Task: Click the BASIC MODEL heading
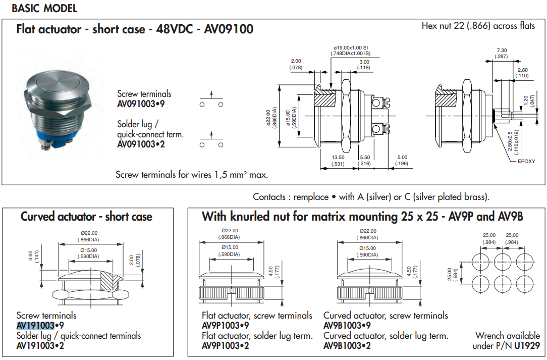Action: tap(44, 9)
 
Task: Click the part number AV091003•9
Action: tap(141, 104)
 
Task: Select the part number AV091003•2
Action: tap(141, 144)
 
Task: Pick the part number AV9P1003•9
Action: tap(225, 325)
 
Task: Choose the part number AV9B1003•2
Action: tap(347, 346)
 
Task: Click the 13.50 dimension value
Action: tap(338, 158)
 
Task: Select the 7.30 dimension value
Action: tap(502, 50)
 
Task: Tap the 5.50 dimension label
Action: tap(364, 158)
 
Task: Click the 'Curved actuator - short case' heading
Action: tap(86, 217)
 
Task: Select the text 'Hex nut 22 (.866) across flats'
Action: tap(478, 25)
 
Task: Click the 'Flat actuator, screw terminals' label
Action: tap(257, 316)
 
